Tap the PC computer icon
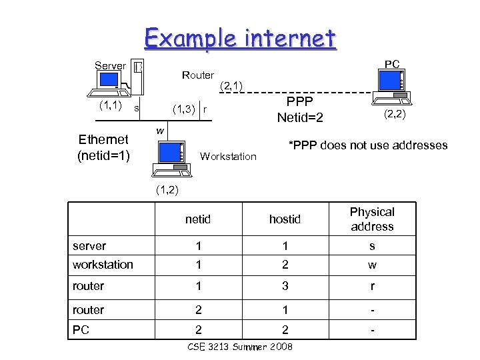(x=392, y=85)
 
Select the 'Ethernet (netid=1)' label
(x=103, y=147)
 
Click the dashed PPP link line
(x=300, y=92)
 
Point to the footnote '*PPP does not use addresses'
(x=367, y=145)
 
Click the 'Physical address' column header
(x=372, y=219)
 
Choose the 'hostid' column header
(x=285, y=219)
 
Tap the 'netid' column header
(x=198, y=219)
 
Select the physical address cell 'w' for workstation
(x=372, y=265)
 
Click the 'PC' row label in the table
(x=81, y=329)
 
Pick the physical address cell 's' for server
(x=372, y=246)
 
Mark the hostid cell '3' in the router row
(x=285, y=286)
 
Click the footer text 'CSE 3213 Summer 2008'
(x=240, y=347)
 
